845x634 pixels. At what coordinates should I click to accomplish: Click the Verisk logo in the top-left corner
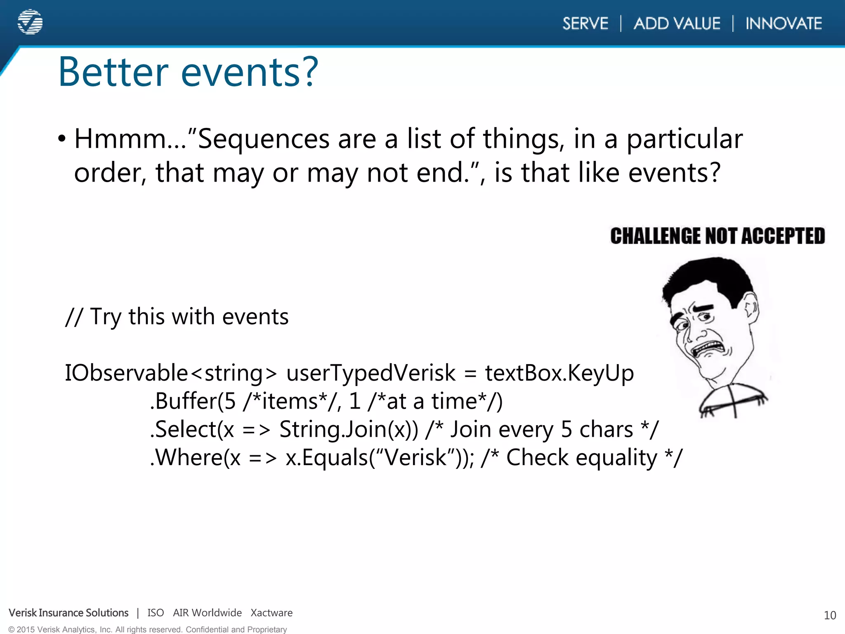tap(30, 22)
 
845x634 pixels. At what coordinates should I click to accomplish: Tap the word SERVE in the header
tap(585, 24)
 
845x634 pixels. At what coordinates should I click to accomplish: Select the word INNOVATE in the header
tap(784, 24)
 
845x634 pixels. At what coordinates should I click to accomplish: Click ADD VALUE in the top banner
tap(677, 24)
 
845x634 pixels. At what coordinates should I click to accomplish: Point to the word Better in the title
tap(113, 72)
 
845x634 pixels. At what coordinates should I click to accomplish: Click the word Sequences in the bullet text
tap(264, 139)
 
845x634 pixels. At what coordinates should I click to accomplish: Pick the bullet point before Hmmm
tap(62, 139)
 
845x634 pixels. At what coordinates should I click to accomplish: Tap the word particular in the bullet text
tap(684, 139)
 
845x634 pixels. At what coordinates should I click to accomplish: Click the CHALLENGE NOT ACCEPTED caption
tap(718, 236)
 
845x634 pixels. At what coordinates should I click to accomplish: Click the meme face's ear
tap(751, 308)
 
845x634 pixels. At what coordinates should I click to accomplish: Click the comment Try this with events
tap(177, 317)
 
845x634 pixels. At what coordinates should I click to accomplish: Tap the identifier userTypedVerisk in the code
tap(371, 373)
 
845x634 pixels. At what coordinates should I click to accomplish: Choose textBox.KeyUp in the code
tap(559, 373)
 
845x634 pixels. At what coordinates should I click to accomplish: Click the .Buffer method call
tap(184, 401)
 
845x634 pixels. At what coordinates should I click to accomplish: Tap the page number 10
tap(830, 615)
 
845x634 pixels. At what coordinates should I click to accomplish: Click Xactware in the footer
tap(271, 613)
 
